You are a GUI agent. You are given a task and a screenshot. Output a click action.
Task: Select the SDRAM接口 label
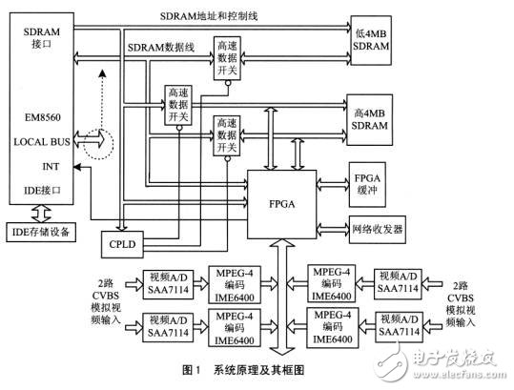tap(35, 39)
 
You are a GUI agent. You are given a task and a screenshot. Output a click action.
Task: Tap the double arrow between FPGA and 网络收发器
tap(330, 230)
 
